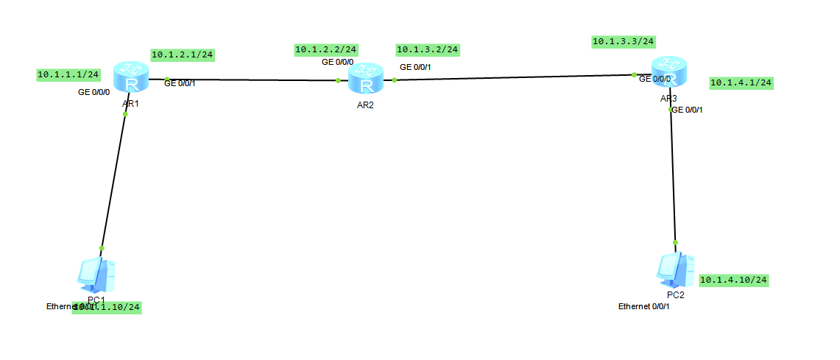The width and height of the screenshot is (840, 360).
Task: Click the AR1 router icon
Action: click(x=131, y=78)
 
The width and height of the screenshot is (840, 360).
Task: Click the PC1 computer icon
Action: click(x=96, y=275)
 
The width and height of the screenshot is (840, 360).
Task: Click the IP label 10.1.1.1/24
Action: click(x=68, y=74)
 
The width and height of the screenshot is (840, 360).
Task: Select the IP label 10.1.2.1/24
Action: click(x=183, y=54)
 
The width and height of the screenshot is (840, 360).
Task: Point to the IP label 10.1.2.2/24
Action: click(x=326, y=49)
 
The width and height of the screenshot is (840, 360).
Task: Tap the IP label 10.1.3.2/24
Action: click(x=427, y=49)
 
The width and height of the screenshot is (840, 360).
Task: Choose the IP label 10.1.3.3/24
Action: click(x=624, y=41)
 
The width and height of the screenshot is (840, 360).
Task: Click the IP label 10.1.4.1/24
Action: click(x=741, y=82)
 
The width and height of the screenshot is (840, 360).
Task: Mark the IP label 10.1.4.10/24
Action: click(x=733, y=280)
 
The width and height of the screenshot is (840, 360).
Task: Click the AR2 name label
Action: click(x=366, y=105)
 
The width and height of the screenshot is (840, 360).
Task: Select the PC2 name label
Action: click(x=676, y=294)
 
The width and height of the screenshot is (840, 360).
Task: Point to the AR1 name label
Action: click(x=131, y=105)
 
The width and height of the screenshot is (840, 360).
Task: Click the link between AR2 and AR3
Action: click(x=515, y=77)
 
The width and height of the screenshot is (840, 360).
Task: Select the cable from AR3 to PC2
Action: click(x=673, y=177)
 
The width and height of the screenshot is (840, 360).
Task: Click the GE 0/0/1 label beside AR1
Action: click(x=180, y=83)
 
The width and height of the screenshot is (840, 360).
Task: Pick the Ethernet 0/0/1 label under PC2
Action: click(x=644, y=306)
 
